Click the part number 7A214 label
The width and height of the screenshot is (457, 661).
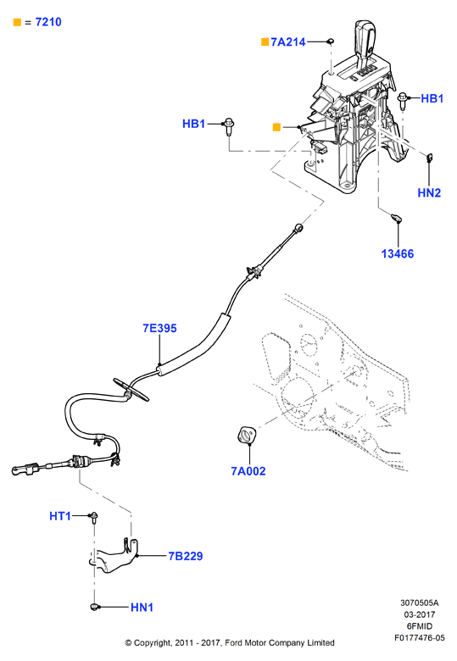click(288, 42)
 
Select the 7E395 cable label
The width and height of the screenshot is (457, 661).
click(159, 328)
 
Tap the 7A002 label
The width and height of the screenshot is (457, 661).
click(248, 471)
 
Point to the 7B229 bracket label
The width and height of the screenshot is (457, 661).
click(186, 556)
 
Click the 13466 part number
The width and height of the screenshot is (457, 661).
click(398, 253)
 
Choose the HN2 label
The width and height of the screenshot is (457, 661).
click(429, 192)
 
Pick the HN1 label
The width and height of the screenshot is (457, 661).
click(142, 607)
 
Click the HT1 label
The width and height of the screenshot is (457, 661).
click(60, 516)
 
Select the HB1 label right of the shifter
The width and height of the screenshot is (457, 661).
click(432, 98)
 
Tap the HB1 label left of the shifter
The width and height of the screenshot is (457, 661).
click(193, 124)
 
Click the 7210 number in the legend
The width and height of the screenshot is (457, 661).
click(48, 22)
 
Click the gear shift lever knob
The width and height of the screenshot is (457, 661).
click(365, 38)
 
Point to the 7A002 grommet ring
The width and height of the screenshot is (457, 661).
click(247, 435)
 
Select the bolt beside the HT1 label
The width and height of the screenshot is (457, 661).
click(94, 517)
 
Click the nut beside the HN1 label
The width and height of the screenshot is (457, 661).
click(94, 607)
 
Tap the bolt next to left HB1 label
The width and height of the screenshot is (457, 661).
click(229, 126)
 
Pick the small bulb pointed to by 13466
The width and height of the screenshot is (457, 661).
click(396, 218)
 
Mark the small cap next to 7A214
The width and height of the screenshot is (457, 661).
click(331, 41)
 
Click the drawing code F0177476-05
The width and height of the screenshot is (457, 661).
click(420, 638)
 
